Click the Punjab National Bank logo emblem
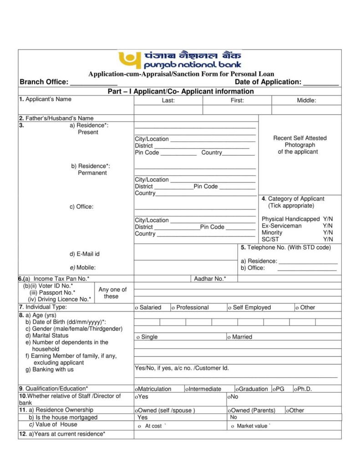pos(128,60)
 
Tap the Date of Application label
pos(268,82)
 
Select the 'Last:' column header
pos(168,101)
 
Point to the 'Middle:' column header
pos(306,101)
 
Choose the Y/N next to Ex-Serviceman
pos(328,226)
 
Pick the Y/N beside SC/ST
pos(328,239)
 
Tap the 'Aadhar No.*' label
pos(210,279)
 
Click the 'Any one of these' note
pos(112,293)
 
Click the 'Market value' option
pos(251,426)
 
